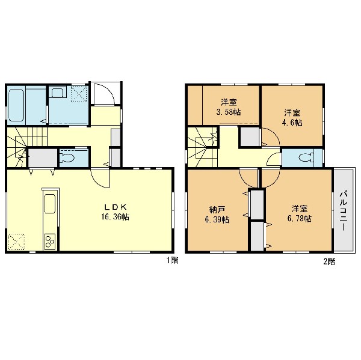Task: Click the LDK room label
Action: tap(116, 207)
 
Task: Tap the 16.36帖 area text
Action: tap(115, 217)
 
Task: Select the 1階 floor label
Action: tap(172, 260)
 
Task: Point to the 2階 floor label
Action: tap(329, 261)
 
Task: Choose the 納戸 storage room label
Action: tap(217, 210)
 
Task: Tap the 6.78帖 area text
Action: tap(299, 218)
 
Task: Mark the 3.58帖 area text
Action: tap(229, 112)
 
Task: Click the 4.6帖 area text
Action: tap(292, 123)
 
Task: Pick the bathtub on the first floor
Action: tap(16, 105)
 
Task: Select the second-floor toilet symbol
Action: tap(306, 157)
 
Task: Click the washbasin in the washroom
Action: tap(57, 93)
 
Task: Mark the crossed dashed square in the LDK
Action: tap(16, 242)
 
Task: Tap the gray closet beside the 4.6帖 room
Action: tap(250, 136)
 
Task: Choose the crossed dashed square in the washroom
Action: tap(79, 94)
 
